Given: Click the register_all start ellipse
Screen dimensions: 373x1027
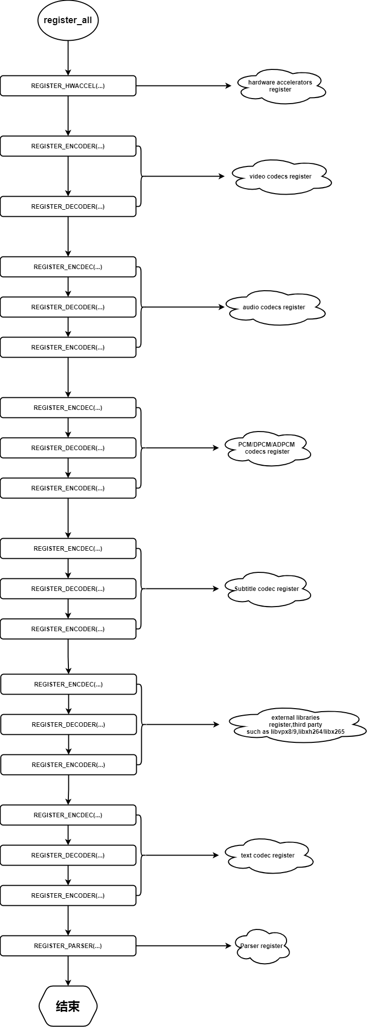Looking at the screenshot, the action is (68, 20).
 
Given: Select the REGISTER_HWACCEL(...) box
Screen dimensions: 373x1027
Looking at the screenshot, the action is (68, 86).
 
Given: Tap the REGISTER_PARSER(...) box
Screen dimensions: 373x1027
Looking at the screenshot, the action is (68, 946).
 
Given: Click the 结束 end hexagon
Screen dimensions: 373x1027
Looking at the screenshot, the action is (68, 1006).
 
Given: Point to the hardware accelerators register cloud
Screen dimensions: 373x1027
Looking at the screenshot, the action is (281, 87).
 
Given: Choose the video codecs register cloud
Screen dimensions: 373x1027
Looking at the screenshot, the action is (281, 177).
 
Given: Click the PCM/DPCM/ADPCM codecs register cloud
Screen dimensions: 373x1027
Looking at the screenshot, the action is (267, 448).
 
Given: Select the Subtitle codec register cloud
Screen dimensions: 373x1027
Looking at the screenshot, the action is (267, 589).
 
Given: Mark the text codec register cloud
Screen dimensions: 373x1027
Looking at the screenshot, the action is (268, 855).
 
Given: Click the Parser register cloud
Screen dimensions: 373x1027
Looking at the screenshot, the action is (261, 946).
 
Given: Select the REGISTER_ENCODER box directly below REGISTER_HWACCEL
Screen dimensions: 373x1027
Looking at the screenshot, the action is (68, 146).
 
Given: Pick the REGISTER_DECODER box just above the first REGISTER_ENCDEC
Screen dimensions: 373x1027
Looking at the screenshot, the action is (68, 207).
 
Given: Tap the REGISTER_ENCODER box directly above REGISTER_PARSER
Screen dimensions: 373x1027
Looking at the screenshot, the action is (68, 895).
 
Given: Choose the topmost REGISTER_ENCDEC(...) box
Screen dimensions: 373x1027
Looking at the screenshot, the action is (68, 267).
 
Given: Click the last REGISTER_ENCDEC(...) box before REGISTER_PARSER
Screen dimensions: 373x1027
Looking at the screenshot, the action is (68, 815).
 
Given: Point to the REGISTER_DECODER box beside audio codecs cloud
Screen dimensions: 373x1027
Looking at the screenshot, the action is (68, 307).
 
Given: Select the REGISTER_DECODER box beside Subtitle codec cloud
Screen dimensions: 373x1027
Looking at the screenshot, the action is (68, 589).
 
